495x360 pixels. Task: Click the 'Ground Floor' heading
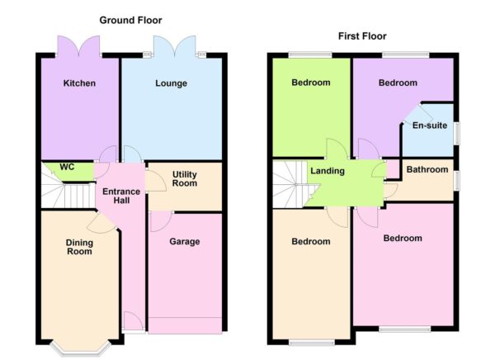click(x=130, y=20)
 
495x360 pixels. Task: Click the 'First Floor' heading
click(x=362, y=36)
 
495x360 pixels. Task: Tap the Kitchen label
click(x=79, y=83)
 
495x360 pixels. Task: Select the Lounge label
click(x=171, y=83)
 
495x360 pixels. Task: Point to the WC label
click(x=67, y=167)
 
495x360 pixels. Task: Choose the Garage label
click(x=185, y=242)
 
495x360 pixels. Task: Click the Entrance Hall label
click(x=120, y=197)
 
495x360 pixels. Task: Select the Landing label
click(x=327, y=171)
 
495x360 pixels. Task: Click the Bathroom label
click(x=427, y=170)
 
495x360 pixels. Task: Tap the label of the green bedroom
click(x=310, y=83)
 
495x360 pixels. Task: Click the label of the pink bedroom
click(x=402, y=239)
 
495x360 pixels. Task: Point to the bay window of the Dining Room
click(x=79, y=348)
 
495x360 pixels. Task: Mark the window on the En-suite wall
click(x=456, y=133)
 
